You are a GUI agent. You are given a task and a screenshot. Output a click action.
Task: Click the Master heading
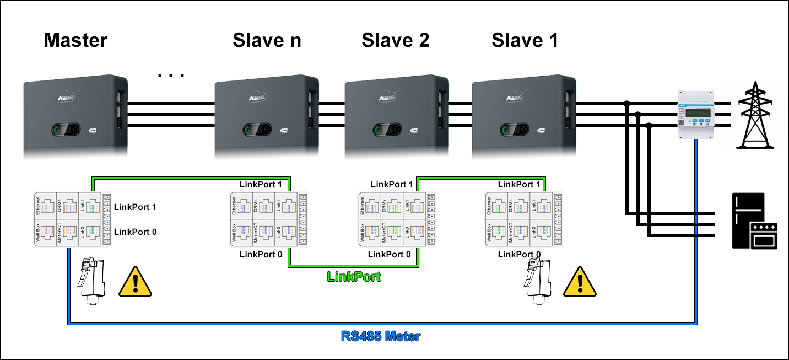(x=75, y=40)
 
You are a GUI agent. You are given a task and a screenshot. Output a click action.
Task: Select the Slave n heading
(x=267, y=40)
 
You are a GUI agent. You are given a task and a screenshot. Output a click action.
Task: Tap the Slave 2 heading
(x=395, y=40)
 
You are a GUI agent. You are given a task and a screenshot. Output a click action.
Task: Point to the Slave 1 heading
(x=525, y=40)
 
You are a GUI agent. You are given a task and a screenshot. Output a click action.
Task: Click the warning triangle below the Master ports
(x=135, y=282)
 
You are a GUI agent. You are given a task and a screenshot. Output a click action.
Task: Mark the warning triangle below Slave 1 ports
(x=579, y=282)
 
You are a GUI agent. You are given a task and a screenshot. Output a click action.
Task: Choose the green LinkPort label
(x=354, y=276)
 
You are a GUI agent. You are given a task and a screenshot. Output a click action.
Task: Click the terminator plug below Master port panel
(x=89, y=281)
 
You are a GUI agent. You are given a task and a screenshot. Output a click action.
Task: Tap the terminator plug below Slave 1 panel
(x=536, y=281)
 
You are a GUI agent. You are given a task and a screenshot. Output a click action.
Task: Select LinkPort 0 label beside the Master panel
(x=135, y=232)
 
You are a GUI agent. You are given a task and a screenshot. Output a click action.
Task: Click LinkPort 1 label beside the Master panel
(x=135, y=207)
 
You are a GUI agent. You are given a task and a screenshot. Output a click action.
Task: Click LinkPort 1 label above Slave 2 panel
(x=391, y=185)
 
